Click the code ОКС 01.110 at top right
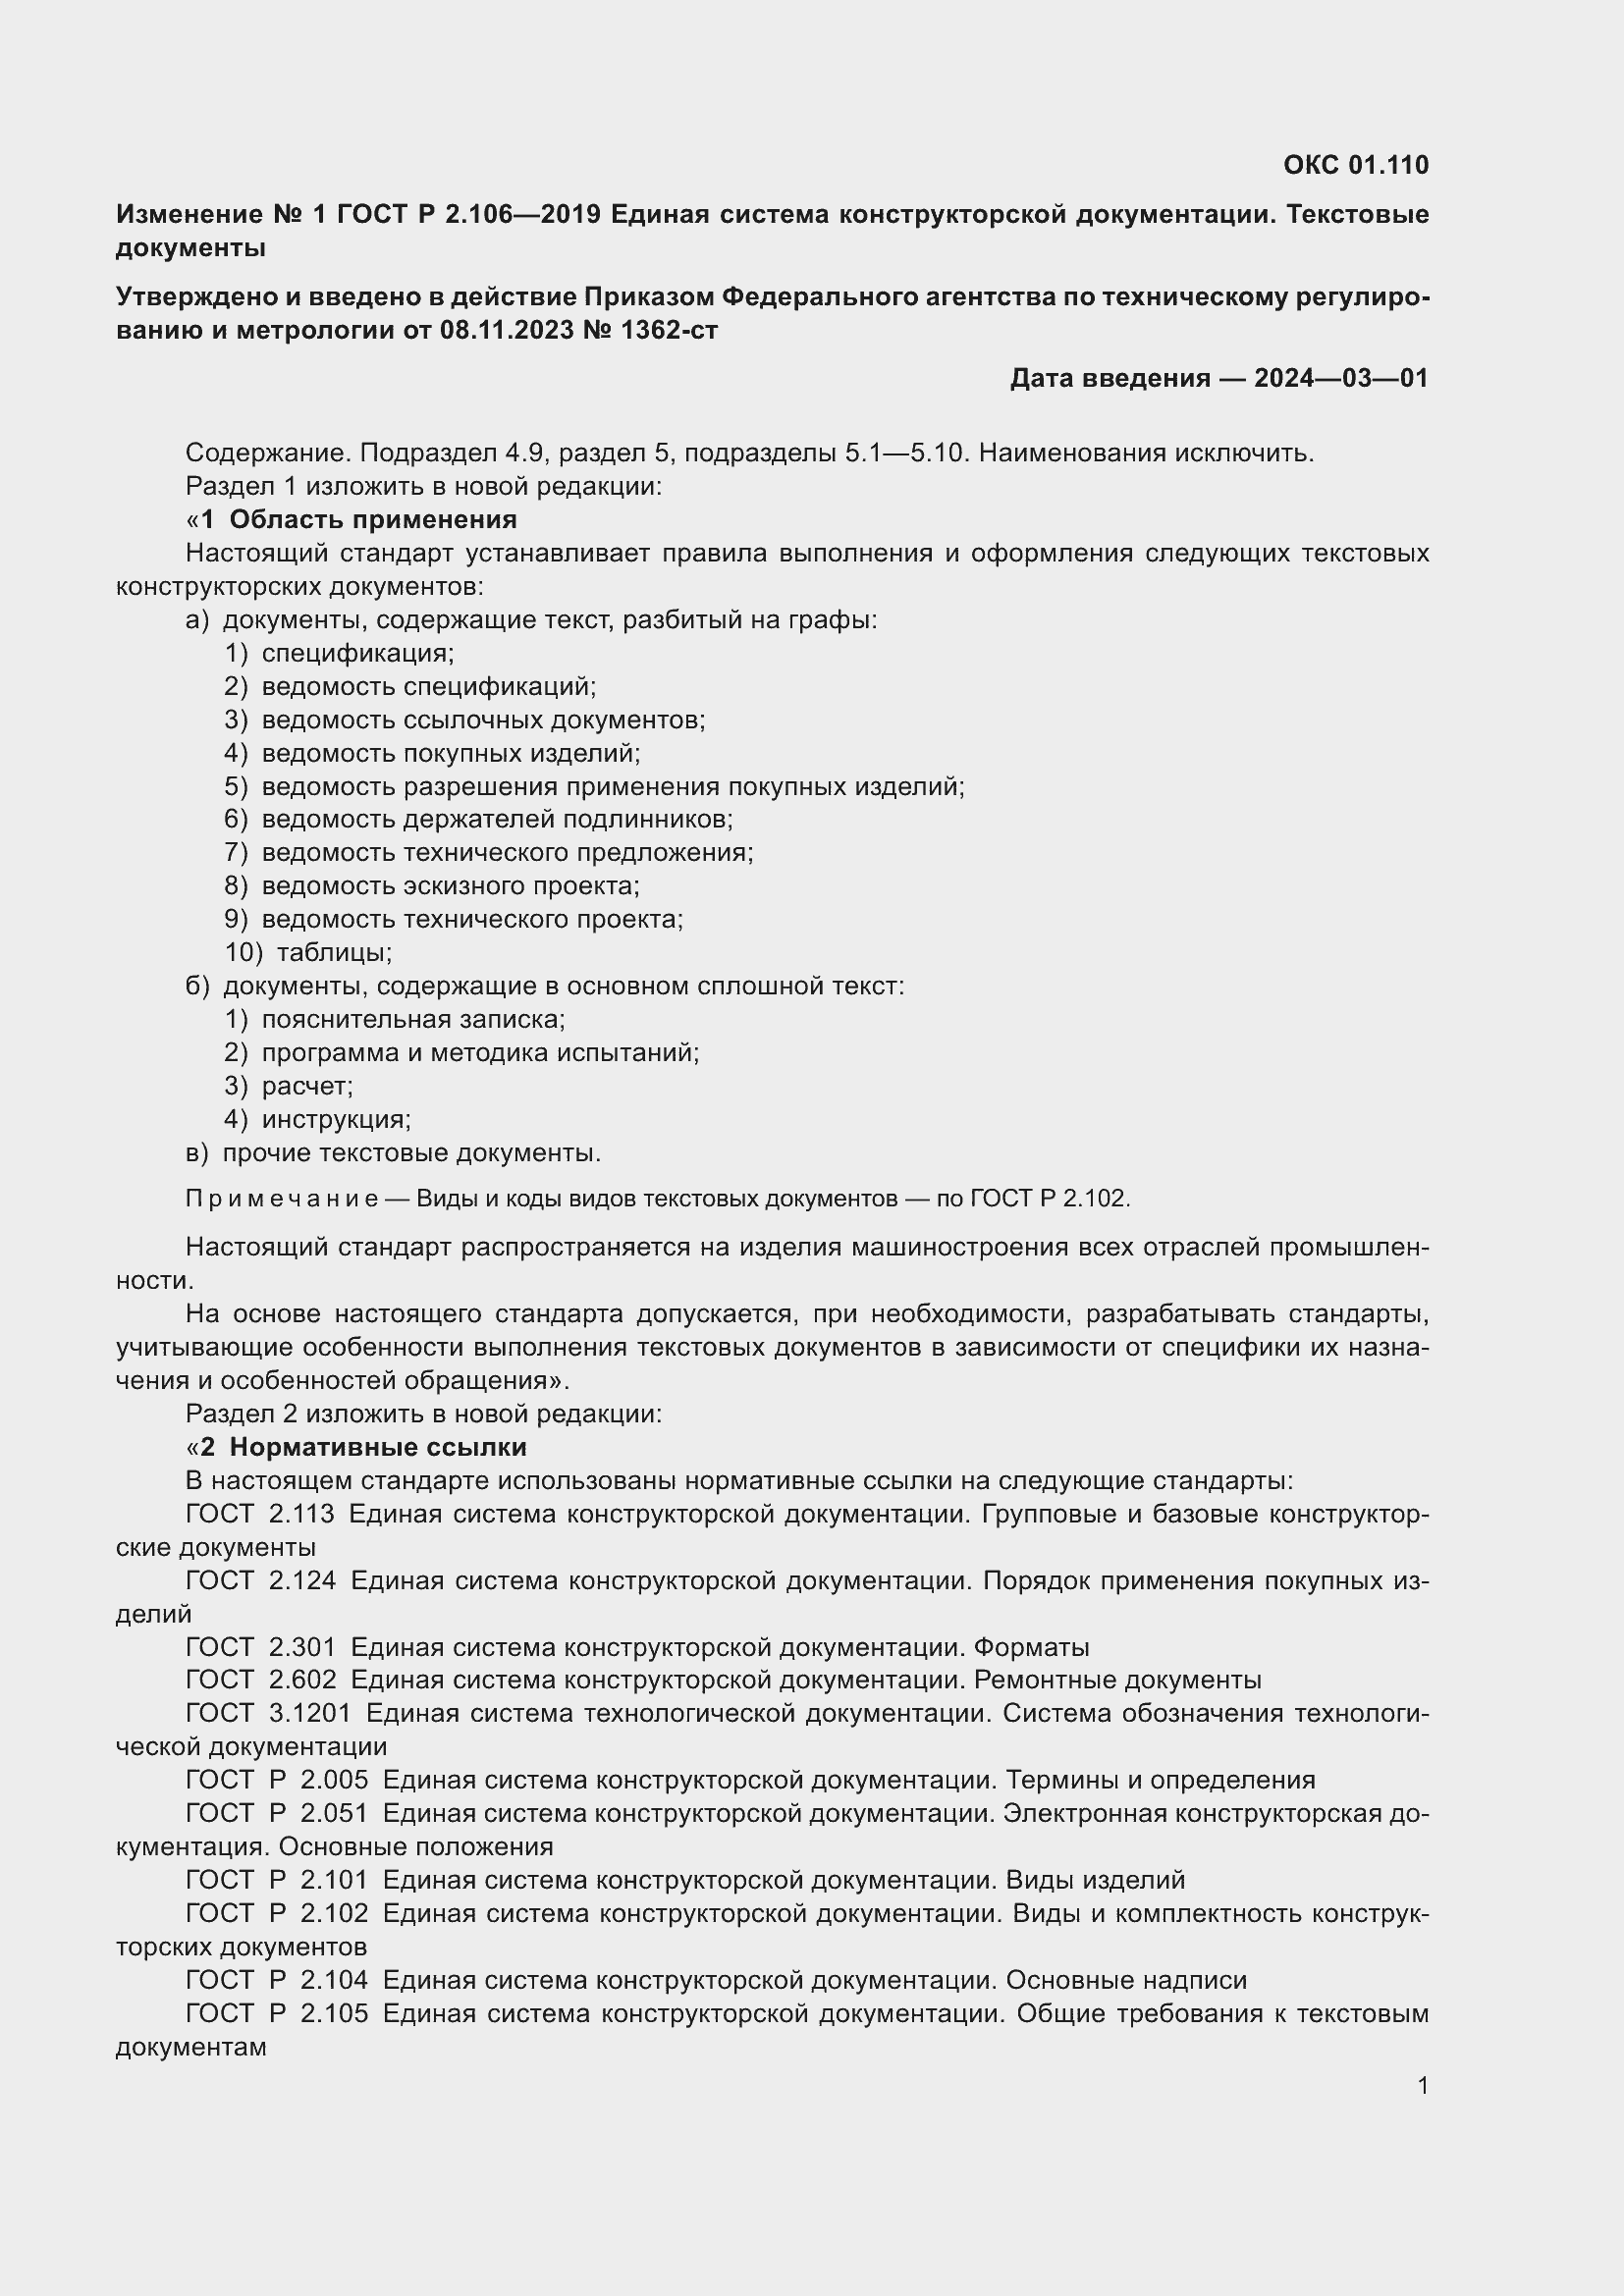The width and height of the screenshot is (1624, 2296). [1355, 165]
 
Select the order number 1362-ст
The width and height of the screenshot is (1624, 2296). [669, 330]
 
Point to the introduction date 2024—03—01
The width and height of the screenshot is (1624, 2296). [1340, 378]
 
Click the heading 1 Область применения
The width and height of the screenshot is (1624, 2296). [358, 520]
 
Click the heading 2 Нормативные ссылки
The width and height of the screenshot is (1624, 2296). [363, 1447]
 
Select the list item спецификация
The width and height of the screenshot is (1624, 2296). [357, 653]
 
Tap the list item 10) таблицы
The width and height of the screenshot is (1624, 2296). [309, 952]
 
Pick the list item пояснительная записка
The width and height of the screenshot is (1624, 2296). [413, 1019]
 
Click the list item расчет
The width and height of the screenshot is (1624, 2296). [306, 1086]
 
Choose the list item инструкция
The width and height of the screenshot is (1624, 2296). [336, 1119]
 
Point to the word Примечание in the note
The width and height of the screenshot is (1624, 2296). [282, 1199]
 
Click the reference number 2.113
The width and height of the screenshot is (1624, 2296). [301, 1514]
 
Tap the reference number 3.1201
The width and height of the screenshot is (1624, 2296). [309, 1713]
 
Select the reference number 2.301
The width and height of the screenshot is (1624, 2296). [302, 1647]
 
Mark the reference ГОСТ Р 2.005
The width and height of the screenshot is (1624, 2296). [277, 1780]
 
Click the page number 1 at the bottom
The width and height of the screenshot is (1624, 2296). [1422, 2085]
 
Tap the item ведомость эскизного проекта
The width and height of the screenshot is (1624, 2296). [450, 886]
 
